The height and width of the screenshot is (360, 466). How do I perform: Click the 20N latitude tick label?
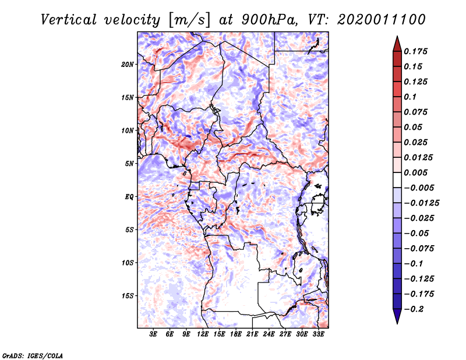(x=128, y=64)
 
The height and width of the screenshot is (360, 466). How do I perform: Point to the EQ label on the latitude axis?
(x=130, y=196)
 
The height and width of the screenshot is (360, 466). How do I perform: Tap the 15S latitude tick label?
(x=128, y=295)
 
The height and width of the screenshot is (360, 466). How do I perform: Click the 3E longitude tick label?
(x=154, y=335)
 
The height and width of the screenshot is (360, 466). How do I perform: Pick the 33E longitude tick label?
(x=318, y=335)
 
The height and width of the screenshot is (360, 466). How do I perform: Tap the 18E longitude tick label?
(x=236, y=335)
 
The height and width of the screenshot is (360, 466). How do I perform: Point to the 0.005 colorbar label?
(x=418, y=173)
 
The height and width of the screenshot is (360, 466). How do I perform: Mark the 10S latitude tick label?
(x=128, y=263)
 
